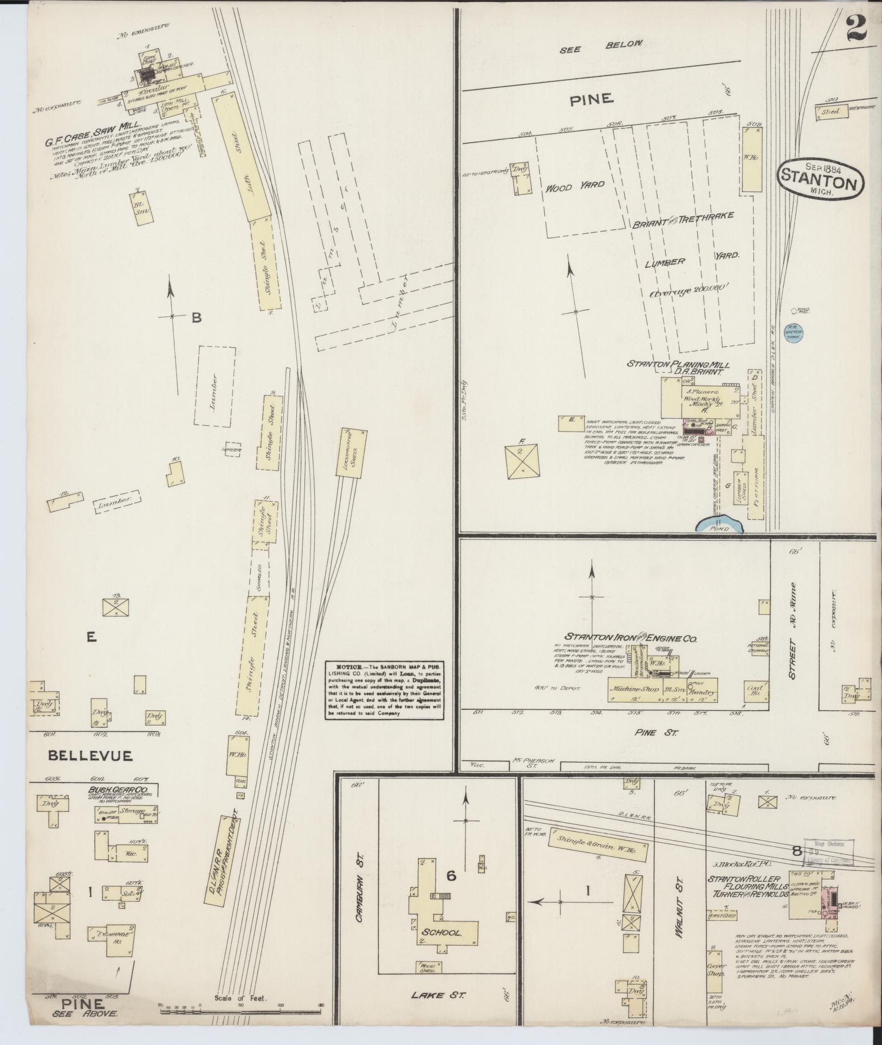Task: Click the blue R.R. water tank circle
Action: tap(794, 332)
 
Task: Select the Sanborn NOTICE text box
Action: tap(385, 690)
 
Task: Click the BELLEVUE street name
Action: tap(90, 755)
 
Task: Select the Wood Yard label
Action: tap(574, 185)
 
